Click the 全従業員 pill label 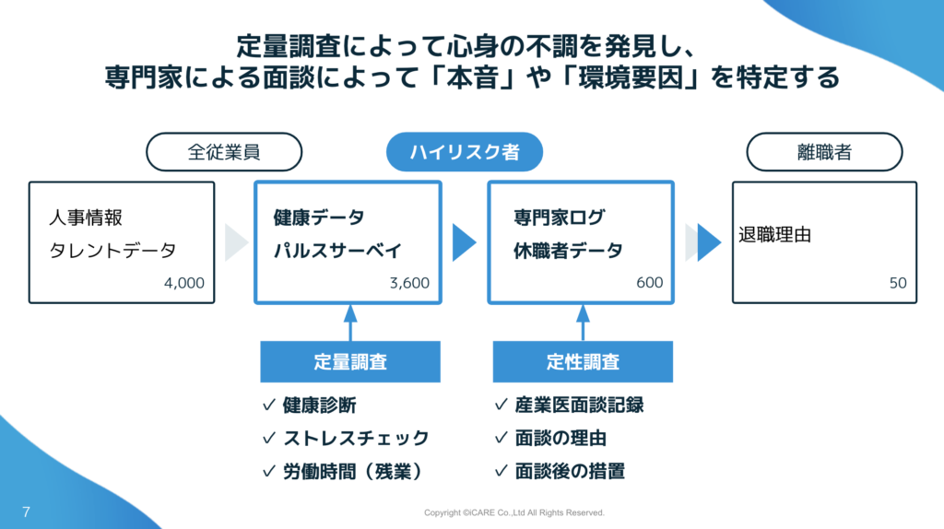click(224, 152)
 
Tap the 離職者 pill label click(824, 152)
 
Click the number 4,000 click(184, 283)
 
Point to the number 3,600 click(410, 283)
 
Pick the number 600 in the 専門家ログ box click(649, 282)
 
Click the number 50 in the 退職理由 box click(898, 283)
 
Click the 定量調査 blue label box click(350, 361)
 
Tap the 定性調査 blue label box click(583, 361)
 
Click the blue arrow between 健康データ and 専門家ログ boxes click(464, 242)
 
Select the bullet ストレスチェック click(356, 438)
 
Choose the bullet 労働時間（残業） click(352, 471)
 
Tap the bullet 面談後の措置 click(570, 471)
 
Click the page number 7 click(26, 511)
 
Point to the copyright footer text click(513, 512)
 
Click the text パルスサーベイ click(337, 251)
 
